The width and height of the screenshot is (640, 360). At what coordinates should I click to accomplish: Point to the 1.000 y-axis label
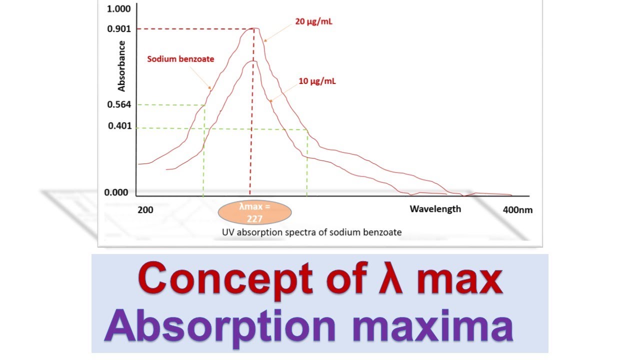coord(119,9)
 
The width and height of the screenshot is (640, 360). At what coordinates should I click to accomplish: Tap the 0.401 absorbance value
coord(120,126)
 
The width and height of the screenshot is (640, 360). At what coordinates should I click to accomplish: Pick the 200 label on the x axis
coord(145,210)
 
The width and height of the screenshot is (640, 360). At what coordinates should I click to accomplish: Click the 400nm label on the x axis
coord(517,210)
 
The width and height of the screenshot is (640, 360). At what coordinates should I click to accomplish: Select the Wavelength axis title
coord(435,209)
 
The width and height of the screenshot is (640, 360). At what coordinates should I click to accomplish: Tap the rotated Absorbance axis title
coord(121,66)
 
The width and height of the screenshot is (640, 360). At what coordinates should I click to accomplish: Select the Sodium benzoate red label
coord(180,59)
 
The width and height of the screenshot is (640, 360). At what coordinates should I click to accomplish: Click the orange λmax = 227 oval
coord(255,212)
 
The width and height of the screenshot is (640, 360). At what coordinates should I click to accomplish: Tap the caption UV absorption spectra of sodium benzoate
coord(312,232)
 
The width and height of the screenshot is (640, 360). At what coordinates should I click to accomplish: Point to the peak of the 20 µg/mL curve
coord(254,28)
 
